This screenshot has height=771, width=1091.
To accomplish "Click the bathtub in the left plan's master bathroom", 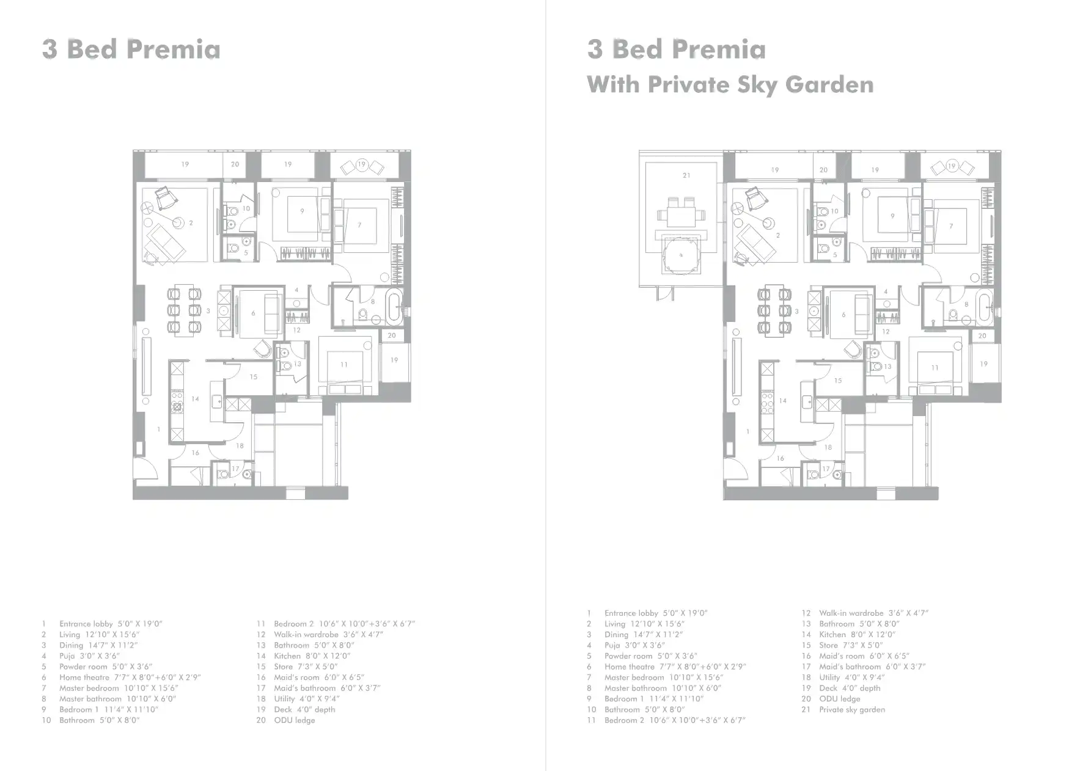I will click(395, 307).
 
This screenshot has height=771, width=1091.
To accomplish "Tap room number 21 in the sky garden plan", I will click(686, 175).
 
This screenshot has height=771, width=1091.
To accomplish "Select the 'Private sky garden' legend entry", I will click(851, 709).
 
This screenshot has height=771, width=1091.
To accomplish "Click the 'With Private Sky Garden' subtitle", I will click(730, 84).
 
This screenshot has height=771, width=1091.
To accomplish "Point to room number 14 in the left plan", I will click(195, 399).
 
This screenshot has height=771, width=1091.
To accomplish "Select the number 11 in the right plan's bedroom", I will click(935, 368).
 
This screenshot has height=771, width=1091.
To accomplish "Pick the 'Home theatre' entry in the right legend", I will click(675, 667).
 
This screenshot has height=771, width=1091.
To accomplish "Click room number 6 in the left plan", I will click(253, 313).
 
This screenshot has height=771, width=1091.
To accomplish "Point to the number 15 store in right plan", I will click(838, 380).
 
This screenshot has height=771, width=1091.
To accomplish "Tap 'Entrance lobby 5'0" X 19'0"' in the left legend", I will click(110, 624).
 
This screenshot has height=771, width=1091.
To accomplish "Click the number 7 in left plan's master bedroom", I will click(359, 225).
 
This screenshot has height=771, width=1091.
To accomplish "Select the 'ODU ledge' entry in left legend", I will click(294, 720).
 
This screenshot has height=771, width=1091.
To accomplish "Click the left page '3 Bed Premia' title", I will click(131, 49).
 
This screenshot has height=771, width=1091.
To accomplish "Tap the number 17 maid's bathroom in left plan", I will click(235, 469).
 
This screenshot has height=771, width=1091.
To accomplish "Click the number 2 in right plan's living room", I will click(778, 235).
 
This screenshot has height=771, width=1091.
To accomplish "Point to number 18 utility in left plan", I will click(240, 446).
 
